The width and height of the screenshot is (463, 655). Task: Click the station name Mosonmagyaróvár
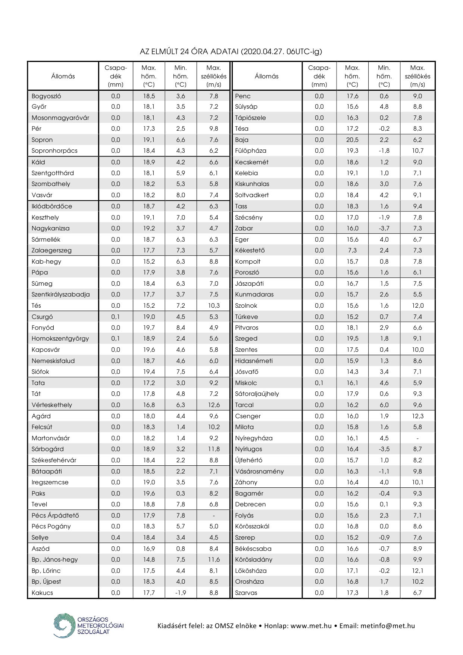(x=60, y=118)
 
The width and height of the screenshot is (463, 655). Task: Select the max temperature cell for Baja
(x=352, y=140)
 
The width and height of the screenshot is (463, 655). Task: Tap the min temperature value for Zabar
(x=384, y=228)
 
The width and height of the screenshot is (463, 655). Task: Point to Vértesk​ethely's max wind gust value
(x=214, y=405)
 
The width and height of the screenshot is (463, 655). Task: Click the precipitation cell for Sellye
(x=116, y=537)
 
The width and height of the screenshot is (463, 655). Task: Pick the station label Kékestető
(x=250, y=250)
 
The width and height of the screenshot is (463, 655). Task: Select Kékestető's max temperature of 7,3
(x=352, y=250)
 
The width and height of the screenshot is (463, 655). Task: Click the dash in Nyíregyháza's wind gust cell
(x=417, y=438)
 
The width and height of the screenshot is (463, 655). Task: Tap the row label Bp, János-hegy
(x=55, y=559)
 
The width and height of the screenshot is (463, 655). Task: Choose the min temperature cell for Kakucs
(x=181, y=593)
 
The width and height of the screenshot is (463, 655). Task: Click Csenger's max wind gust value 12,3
(x=417, y=416)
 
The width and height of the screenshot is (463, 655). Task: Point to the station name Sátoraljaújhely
(x=257, y=394)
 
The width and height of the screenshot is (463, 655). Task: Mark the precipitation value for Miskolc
(x=319, y=383)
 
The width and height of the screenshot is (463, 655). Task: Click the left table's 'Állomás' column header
(x=63, y=76)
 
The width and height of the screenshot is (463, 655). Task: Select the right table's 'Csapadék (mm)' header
(x=319, y=76)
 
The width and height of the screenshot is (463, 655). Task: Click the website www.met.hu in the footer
(x=311, y=626)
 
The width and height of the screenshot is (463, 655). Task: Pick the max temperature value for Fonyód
(x=149, y=327)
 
